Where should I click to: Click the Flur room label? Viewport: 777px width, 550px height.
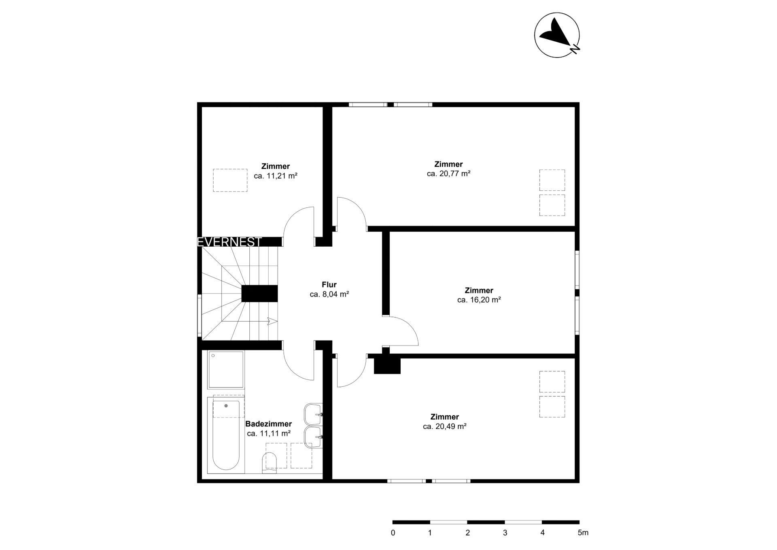329,285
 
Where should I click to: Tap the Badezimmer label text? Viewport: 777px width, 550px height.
268,424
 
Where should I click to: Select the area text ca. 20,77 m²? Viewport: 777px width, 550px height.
448,174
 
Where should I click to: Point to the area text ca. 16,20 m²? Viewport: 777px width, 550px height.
479,300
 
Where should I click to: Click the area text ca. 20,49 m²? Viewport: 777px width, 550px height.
444,426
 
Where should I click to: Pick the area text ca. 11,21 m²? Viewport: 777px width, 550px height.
276,176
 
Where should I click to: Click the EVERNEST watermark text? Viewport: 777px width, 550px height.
229,242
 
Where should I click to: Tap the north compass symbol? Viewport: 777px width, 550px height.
557,35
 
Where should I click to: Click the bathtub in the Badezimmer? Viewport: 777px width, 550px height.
226,435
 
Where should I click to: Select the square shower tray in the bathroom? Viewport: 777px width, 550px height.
226,370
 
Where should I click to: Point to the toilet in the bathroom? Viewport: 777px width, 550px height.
270,463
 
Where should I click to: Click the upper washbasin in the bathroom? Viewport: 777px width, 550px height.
313,414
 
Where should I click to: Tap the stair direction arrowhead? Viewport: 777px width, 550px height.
273,322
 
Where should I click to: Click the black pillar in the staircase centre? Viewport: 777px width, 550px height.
260,294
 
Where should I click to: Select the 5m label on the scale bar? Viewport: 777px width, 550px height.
583,533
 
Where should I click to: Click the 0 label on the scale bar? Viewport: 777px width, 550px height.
393,533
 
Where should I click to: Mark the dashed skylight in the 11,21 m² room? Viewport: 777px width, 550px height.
230,180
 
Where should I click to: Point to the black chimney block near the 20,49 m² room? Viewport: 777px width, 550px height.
387,365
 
